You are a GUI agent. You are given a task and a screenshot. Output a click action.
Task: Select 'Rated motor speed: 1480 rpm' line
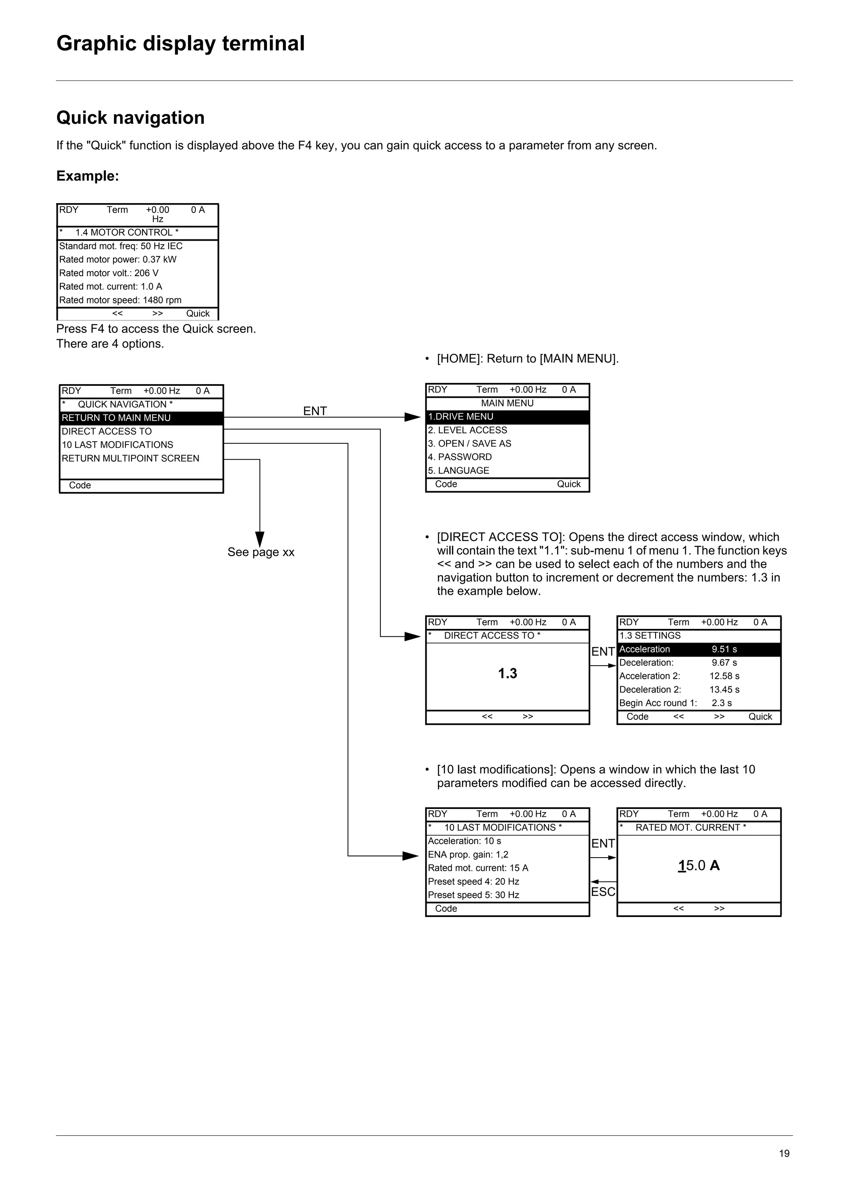tap(120, 300)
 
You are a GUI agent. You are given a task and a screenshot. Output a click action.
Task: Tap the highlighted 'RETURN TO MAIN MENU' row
tap(141, 418)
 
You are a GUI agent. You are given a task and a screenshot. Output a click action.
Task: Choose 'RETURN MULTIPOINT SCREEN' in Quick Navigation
tap(130, 459)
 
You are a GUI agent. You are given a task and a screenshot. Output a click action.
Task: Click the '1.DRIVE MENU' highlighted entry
tap(507, 417)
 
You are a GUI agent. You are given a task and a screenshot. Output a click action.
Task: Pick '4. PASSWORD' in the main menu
tap(460, 457)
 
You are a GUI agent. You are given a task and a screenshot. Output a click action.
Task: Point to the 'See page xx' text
tap(261, 552)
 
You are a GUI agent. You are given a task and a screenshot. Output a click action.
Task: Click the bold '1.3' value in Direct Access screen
tap(507, 674)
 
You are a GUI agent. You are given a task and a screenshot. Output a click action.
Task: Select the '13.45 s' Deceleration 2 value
tap(724, 690)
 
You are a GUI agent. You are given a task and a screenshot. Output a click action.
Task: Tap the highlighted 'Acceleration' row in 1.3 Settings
tap(699, 650)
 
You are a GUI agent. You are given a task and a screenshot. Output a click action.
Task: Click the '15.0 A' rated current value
tap(699, 866)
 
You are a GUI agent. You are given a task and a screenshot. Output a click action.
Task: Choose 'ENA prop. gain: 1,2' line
tap(468, 854)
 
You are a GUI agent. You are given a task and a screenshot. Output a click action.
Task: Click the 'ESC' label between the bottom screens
tap(603, 892)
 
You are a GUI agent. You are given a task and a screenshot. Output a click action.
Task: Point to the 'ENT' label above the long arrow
tap(315, 411)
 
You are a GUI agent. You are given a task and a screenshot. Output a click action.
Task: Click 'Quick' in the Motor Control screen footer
tap(197, 314)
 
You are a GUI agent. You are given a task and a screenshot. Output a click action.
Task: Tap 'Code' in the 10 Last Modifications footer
tap(446, 908)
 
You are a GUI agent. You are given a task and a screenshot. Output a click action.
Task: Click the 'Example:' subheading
tap(88, 176)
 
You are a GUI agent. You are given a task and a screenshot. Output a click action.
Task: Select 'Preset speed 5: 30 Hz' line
tap(473, 895)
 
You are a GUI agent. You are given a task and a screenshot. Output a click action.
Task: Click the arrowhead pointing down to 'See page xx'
tap(259, 539)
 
